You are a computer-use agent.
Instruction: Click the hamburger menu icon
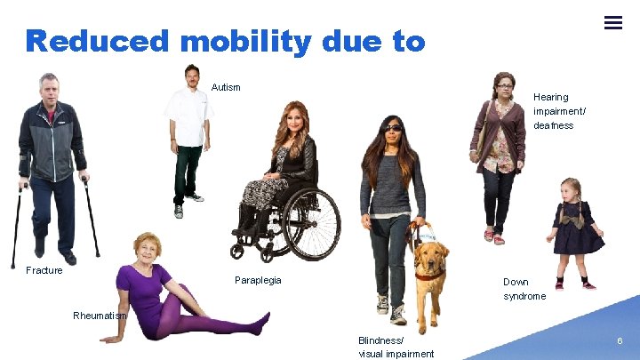[x=613, y=23]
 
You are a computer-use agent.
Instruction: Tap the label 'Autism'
[x=226, y=87]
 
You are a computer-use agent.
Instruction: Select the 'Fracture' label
[x=44, y=270]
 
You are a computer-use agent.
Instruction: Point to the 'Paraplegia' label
[x=258, y=280]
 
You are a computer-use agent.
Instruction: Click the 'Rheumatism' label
[x=100, y=316]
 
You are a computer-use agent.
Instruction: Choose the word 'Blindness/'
[x=380, y=340]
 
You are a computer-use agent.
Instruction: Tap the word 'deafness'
[x=553, y=125]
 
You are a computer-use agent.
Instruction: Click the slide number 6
[x=620, y=340]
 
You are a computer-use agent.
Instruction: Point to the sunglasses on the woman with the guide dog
[x=392, y=128]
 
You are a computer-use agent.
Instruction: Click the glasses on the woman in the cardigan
[x=504, y=86]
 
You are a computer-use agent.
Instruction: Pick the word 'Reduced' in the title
[x=96, y=41]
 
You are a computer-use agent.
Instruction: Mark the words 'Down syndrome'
[x=524, y=289]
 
